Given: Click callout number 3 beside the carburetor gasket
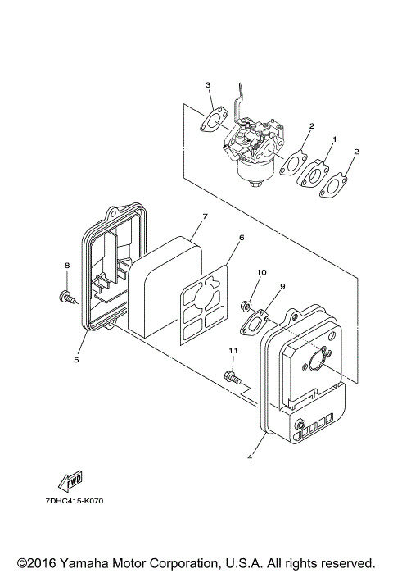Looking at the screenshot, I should click(208, 85).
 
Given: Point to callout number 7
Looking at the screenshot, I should click(205, 216).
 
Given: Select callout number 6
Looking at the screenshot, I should click(242, 238).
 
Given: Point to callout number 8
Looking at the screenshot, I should click(67, 265).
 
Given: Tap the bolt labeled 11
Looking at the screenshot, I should click(232, 379).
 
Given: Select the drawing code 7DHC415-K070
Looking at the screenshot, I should click(70, 500).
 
